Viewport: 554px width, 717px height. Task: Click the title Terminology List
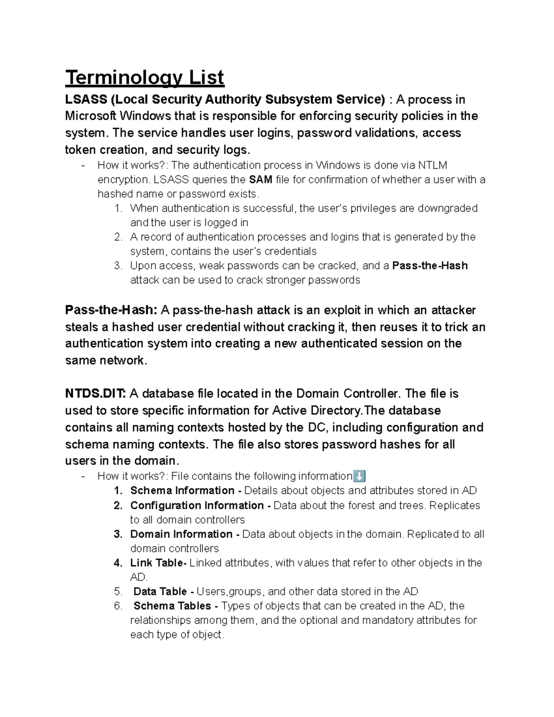(145, 78)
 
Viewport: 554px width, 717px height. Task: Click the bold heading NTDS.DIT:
(95, 394)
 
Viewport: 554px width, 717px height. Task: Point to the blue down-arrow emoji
(359, 476)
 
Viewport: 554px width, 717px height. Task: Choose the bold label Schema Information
(182, 490)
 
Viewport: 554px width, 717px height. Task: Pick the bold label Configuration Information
(197, 505)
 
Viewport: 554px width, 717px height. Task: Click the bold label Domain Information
(181, 534)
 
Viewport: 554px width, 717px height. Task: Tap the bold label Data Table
(160, 591)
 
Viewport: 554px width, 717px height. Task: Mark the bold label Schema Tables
(172, 606)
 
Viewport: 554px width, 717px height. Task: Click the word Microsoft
(91, 116)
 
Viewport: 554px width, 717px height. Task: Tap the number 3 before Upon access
(118, 266)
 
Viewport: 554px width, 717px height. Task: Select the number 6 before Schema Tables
(118, 606)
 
